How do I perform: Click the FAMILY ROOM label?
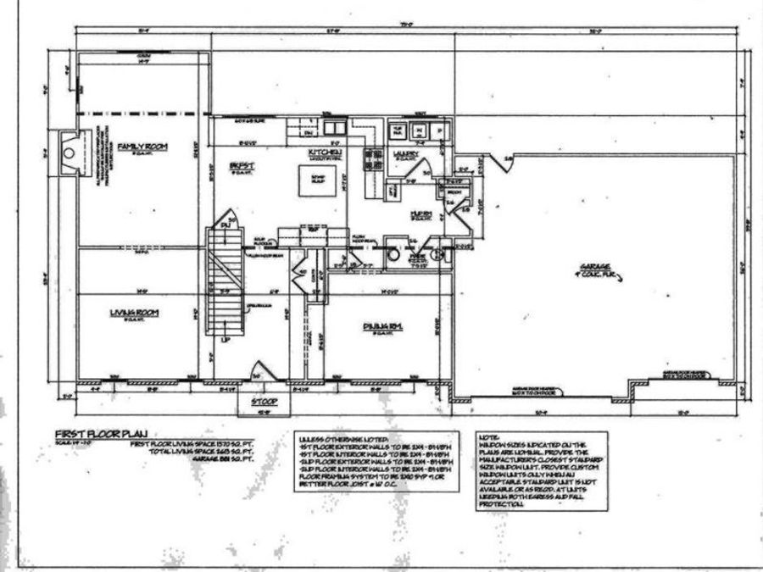point(142,147)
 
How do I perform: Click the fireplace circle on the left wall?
point(71,154)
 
